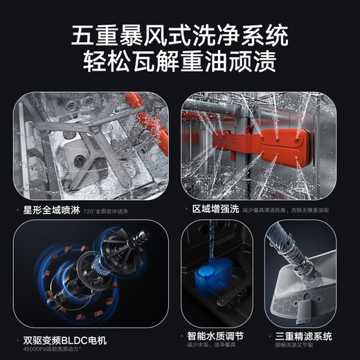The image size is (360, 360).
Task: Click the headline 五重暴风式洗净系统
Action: (x=180, y=35)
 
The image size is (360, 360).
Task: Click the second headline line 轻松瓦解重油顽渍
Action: (x=180, y=63)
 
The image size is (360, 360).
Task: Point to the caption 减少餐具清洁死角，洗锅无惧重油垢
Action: (x=289, y=208)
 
